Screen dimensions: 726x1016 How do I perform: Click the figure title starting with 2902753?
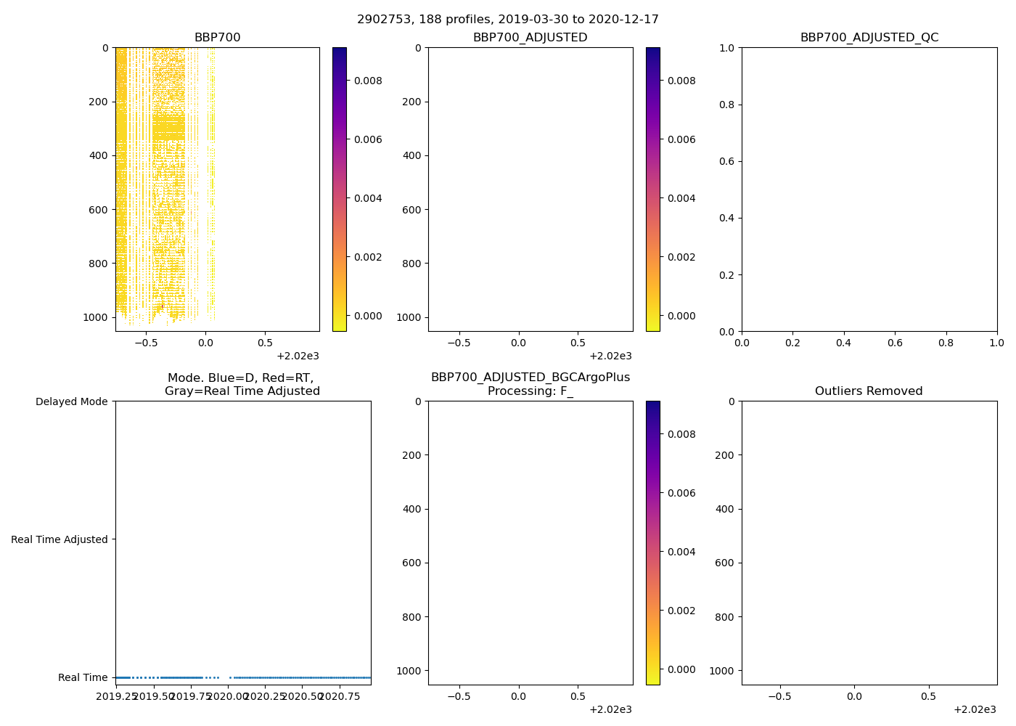508,20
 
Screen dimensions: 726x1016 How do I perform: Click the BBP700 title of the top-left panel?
217,38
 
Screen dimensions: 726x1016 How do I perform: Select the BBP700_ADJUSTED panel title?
530,38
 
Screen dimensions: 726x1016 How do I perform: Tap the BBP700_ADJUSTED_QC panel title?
869,38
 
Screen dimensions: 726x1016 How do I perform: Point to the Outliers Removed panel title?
869,391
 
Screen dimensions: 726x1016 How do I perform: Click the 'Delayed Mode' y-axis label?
71,401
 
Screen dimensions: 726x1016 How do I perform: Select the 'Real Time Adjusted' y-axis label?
60,539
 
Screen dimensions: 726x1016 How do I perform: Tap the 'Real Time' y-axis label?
83,677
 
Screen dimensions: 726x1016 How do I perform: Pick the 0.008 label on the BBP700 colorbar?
368,81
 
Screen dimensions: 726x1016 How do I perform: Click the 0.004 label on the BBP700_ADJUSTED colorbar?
681,198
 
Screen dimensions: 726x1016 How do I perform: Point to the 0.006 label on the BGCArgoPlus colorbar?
681,493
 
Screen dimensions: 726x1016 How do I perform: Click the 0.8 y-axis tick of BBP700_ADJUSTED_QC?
726,105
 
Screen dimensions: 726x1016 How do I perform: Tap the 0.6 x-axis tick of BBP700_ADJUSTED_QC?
894,343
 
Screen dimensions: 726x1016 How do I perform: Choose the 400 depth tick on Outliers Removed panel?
725,509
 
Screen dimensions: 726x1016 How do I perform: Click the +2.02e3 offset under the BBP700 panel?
298,356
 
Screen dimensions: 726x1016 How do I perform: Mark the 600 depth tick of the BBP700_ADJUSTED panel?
411,210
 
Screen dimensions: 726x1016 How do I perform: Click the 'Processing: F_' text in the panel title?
530,391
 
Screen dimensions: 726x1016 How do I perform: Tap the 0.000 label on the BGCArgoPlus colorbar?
681,669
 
